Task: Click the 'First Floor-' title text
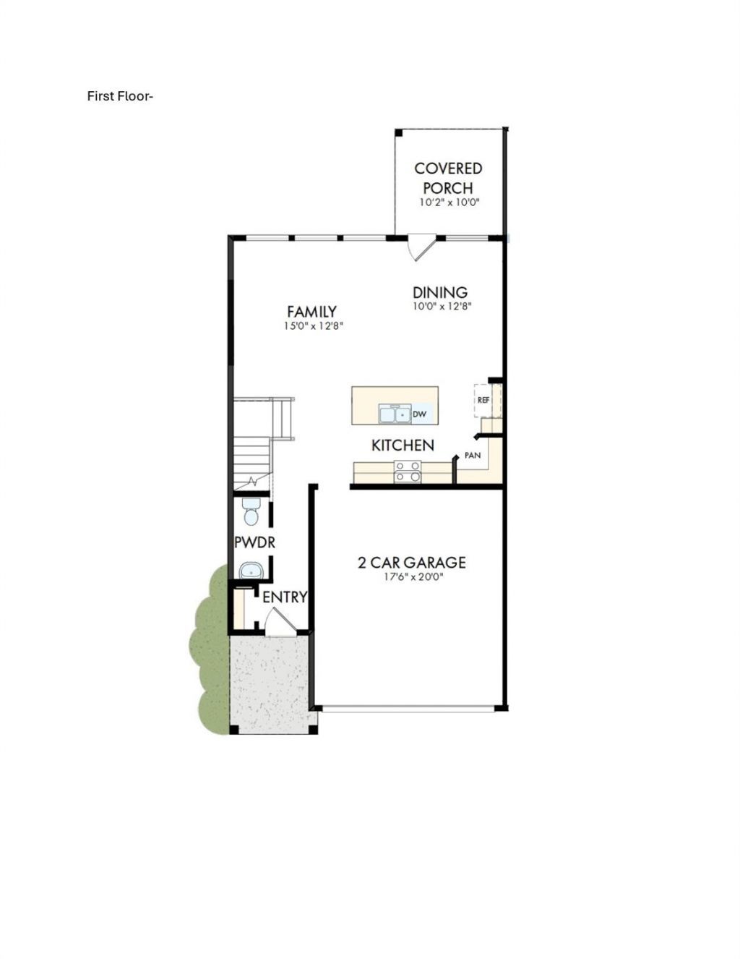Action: pyautogui.click(x=120, y=95)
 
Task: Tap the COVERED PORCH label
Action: pyautogui.click(x=448, y=179)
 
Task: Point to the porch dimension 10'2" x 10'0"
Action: pyautogui.click(x=449, y=203)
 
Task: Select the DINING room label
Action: pyautogui.click(x=439, y=292)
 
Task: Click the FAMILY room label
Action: pyautogui.click(x=311, y=312)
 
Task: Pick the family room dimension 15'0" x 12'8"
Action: pyautogui.click(x=313, y=327)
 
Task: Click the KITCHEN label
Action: pyautogui.click(x=403, y=446)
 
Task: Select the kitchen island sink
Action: pyautogui.click(x=394, y=414)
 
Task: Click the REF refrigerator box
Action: pyautogui.click(x=483, y=400)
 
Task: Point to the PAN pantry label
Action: pyautogui.click(x=473, y=455)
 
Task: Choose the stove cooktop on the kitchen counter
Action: pyautogui.click(x=407, y=472)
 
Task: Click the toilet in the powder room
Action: pyautogui.click(x=251, y=512)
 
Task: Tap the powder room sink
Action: pyautogui.click(x=251, y=571)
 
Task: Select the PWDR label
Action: pyautogui.click(x=254, y=542)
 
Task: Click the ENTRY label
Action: pyautogui.click(x=285, y=597)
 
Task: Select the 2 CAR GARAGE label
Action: pyautogui.click(x=411, y=563)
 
